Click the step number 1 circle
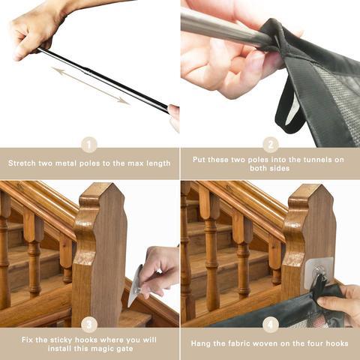click(89, 145)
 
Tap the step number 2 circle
click(271, 145)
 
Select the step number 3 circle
click(89, 325)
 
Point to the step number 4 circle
click(271, 325)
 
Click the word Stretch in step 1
click(22, 163)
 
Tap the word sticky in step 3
click(61, 340)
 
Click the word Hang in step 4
click(200, 343)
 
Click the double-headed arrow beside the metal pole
click(91, 85)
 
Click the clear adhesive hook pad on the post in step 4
click(319, 271)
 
